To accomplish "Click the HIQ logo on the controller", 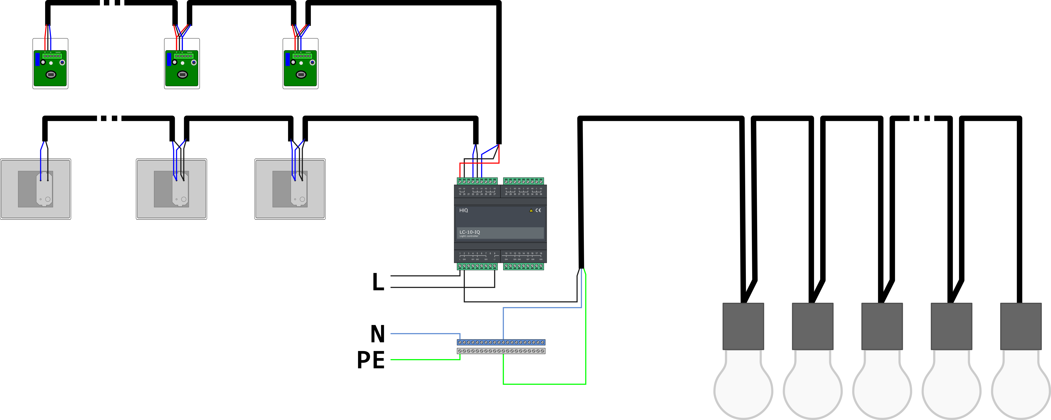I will (463, 210).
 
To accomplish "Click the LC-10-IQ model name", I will (470, 232).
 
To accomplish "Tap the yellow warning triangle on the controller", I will (531, 210).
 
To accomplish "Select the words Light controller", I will (469, 236).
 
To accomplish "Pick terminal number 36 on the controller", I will (541, 194).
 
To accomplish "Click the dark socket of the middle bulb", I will (882, 326).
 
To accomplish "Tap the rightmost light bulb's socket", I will (1020, 326).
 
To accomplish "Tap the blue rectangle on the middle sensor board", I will (169, 59).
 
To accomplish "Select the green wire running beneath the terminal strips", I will (544, 384).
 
